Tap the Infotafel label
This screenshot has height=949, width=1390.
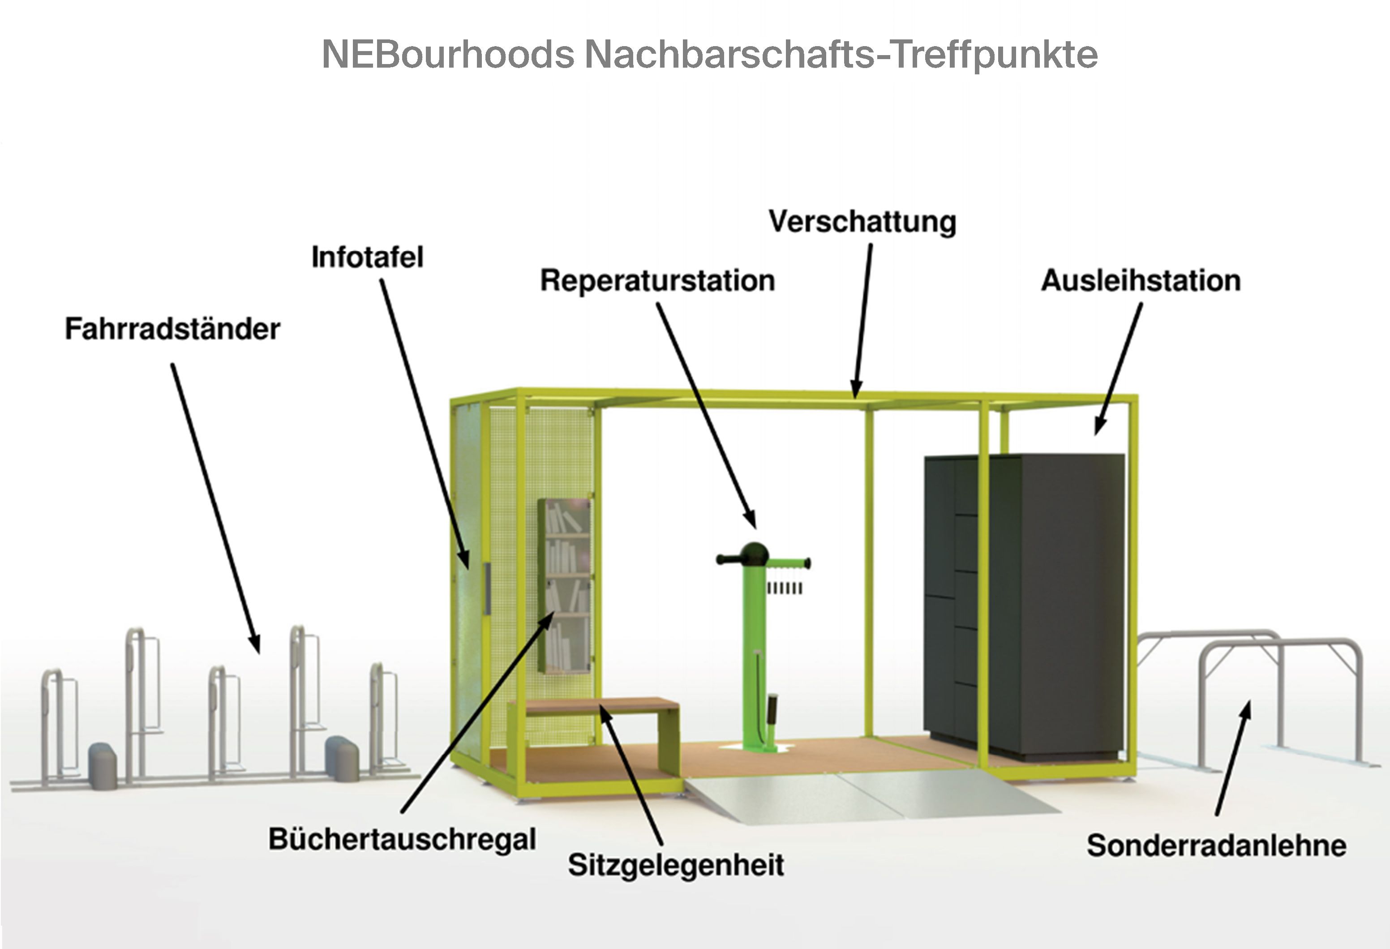tap(367, 258)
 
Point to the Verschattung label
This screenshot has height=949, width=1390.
tap(862, 222)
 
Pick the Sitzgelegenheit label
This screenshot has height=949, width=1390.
tap(676, 865)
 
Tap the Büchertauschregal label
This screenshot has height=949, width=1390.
tap(402, 839)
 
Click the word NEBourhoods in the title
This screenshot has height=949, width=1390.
tap(448, 55)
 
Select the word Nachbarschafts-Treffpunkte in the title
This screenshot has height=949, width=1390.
tap(841, 55)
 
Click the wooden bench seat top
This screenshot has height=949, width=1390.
tap(601, 705)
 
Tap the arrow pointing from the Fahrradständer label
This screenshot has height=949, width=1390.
tap(215, 508)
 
